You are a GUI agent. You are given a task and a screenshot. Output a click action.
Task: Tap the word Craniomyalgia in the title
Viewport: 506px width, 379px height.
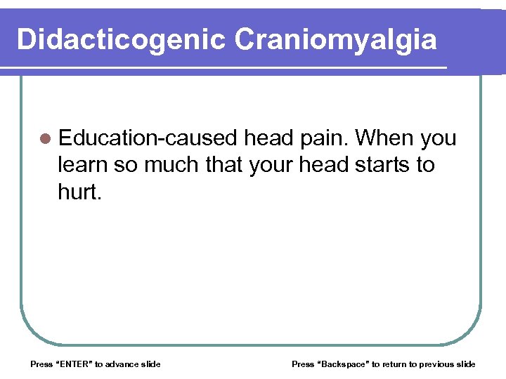coord(336,39)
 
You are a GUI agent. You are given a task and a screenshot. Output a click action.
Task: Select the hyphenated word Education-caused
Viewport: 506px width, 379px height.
coord(148,138)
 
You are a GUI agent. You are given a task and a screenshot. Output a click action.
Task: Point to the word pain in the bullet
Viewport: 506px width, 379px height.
coord(323,138)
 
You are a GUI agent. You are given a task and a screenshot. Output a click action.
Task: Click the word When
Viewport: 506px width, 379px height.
coord(385,138)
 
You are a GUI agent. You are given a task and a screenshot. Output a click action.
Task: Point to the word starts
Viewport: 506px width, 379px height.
coord(384,165)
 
